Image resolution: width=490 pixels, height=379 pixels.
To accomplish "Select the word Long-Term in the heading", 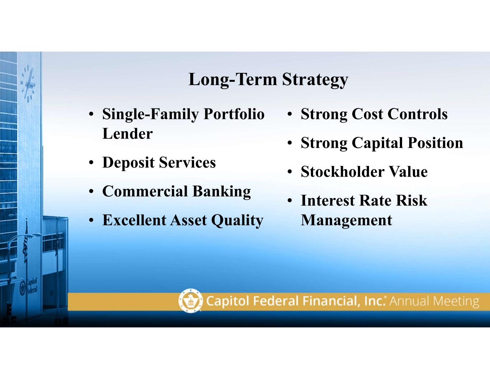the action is coord(233,79).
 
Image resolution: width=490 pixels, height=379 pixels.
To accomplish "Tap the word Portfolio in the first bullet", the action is coord(234,114).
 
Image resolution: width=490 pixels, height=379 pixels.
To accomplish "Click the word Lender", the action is coord(127,134).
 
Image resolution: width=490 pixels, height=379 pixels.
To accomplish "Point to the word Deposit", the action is coord(129,163).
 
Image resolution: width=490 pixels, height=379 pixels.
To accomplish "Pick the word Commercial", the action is coord(145,191).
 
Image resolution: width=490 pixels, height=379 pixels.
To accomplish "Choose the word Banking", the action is coord(221,192).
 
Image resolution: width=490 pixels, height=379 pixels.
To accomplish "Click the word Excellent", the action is coord(134,220).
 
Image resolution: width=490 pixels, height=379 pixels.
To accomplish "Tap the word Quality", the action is coord(237,221).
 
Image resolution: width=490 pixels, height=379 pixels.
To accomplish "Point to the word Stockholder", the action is coord(342,172).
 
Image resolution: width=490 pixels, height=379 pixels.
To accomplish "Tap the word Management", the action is coord(346,221).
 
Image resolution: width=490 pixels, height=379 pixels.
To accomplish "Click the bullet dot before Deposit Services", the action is coord(91,162).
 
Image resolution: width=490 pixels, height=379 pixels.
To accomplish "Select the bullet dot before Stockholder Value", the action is coord(290,172).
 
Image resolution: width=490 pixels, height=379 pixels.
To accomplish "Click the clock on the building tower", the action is coord(28,84).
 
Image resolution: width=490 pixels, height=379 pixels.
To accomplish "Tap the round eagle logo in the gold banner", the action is coord(191,301).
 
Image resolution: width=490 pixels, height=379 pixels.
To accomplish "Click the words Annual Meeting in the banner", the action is coord(434,302).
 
